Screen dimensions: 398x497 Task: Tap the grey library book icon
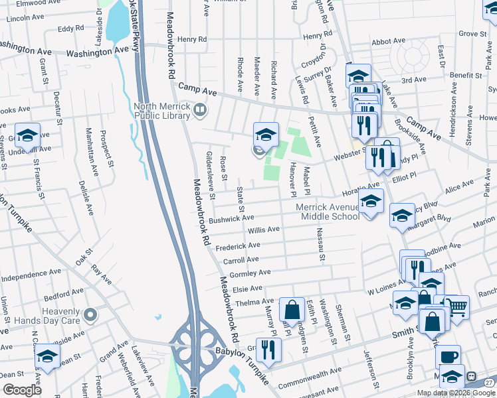(199, 108)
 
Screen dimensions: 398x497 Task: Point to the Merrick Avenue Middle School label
(330, 212)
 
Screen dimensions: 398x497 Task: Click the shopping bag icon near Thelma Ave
(292, 309)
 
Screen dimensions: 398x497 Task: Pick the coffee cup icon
(448, 356)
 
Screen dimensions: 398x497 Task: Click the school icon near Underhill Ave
(27, 135)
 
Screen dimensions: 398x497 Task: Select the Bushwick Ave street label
(231, 218)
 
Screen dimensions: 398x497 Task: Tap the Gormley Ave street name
(249, 273)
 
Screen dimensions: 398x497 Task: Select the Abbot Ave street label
(389, 42)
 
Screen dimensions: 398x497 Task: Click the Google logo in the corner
(22, 390)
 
